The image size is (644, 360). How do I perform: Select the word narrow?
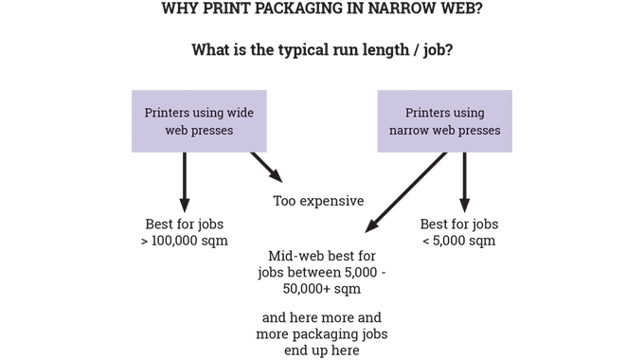412,131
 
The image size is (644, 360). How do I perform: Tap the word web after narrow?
451,131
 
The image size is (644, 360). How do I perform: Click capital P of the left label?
148,113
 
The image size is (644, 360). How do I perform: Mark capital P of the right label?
407,113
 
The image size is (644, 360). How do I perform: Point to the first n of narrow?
393,131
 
